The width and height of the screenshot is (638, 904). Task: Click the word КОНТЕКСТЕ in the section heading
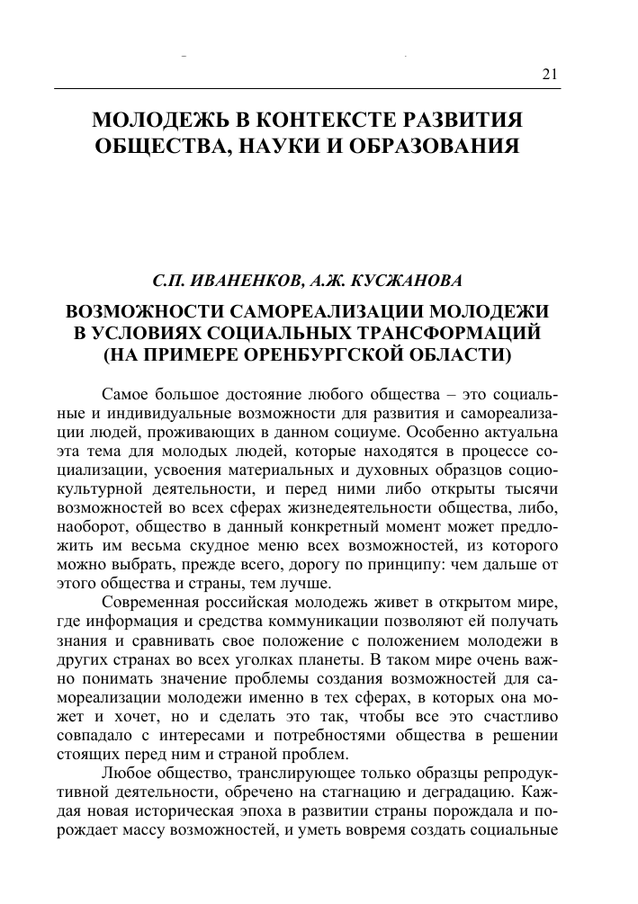320,120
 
